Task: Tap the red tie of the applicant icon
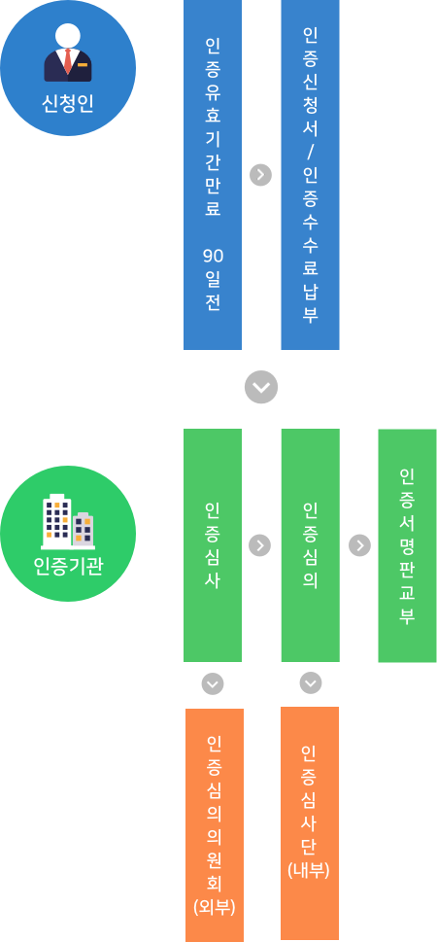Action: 68,59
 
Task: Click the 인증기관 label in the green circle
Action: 68,567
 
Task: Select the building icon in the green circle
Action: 68,521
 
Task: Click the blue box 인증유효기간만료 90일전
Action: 213,175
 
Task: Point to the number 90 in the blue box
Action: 213,257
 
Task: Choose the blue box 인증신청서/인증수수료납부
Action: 311,175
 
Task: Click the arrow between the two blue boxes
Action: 260,175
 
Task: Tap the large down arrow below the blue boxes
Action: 261,387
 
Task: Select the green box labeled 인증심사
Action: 213,545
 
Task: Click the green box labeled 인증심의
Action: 311,545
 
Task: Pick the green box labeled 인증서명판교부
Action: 407,545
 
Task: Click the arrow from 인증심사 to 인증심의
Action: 260,545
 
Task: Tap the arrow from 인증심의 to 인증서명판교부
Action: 359,545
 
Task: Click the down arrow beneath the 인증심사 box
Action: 213,683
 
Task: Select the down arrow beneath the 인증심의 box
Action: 311,682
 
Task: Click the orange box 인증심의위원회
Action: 215,825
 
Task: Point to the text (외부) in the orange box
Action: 215,907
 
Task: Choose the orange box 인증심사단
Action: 310,823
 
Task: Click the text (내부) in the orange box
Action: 309,870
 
